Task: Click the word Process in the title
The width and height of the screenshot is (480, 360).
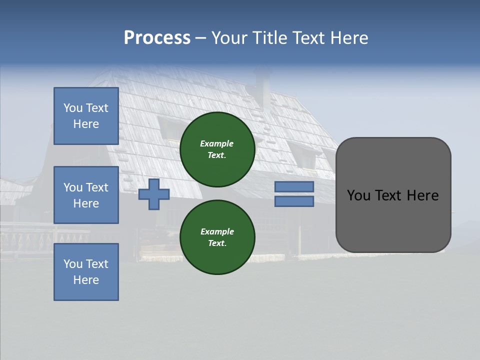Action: (157, 38)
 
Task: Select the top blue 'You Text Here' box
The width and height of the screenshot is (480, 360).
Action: (86, 116)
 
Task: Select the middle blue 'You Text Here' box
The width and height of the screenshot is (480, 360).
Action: (86, 195)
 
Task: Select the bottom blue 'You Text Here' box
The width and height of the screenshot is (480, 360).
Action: (86, 272)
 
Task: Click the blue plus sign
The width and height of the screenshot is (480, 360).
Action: (154, 194)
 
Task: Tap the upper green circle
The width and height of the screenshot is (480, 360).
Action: (217, 149)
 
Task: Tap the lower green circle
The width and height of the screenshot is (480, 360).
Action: (217, 237)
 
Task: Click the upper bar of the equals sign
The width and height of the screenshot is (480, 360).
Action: (294, 186)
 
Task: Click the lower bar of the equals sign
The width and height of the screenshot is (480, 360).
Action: (294, 201)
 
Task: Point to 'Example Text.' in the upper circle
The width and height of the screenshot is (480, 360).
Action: (217, 149)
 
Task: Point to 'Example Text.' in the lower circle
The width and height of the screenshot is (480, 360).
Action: (217, 237)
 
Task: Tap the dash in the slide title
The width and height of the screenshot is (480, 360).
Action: (200, 38)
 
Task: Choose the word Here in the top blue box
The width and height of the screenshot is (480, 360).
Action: (86, 124)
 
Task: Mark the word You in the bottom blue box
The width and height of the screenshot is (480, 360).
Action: (72, 264)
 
